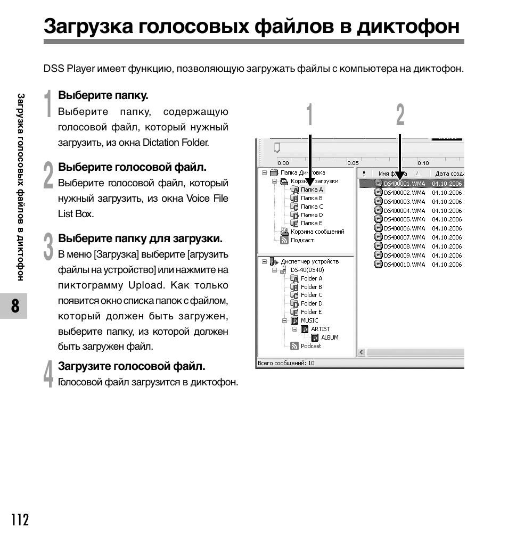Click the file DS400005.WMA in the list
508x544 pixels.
[x=404, y=219]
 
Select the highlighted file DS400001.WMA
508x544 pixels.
[x=404, y=184]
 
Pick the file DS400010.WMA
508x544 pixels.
[x=404, y=265]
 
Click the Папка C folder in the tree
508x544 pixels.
[x=312, y=207]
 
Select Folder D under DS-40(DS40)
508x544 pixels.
[x=312, y=303]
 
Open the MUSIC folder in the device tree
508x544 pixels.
[x=309, y=320]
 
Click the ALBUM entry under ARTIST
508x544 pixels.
[x=329, y=337]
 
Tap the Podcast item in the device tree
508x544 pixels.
[x=311, y=346]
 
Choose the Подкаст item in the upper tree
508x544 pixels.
[x=302, y=240]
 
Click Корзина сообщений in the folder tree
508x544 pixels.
[x=317, y=232]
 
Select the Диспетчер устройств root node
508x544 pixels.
[x=309, y=261]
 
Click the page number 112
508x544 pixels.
[x=19, y=520]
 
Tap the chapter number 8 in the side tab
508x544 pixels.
[x=14, y=307]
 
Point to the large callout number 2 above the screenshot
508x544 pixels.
[x=400, y=116]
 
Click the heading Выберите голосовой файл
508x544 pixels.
[x=132, y=167]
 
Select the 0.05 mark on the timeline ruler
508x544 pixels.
[x=353, y=163]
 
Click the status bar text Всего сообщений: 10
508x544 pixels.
[x=286, y=363]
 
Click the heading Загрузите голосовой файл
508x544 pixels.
[x=132, y=366]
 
